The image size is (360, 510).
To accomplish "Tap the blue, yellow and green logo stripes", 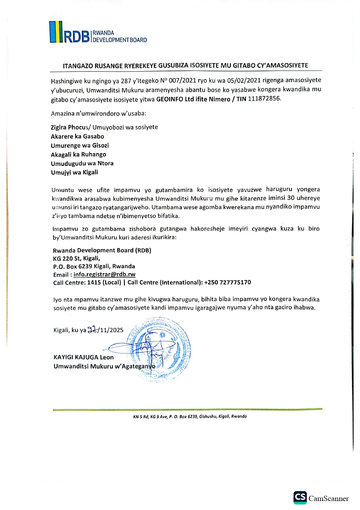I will click(56, 32).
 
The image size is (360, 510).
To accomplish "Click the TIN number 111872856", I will click(264, 99).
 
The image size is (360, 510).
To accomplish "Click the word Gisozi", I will click(100, 145).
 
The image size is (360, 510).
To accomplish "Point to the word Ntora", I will click(105, 163).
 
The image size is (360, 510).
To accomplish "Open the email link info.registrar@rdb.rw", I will click(104, 274).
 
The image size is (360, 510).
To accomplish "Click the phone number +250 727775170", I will click(227, 282).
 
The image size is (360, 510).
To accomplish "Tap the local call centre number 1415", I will click(94, 282).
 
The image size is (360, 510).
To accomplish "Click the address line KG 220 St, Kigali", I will click(76, 258).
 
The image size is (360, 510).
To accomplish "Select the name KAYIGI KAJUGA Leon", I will click(84, 357).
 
